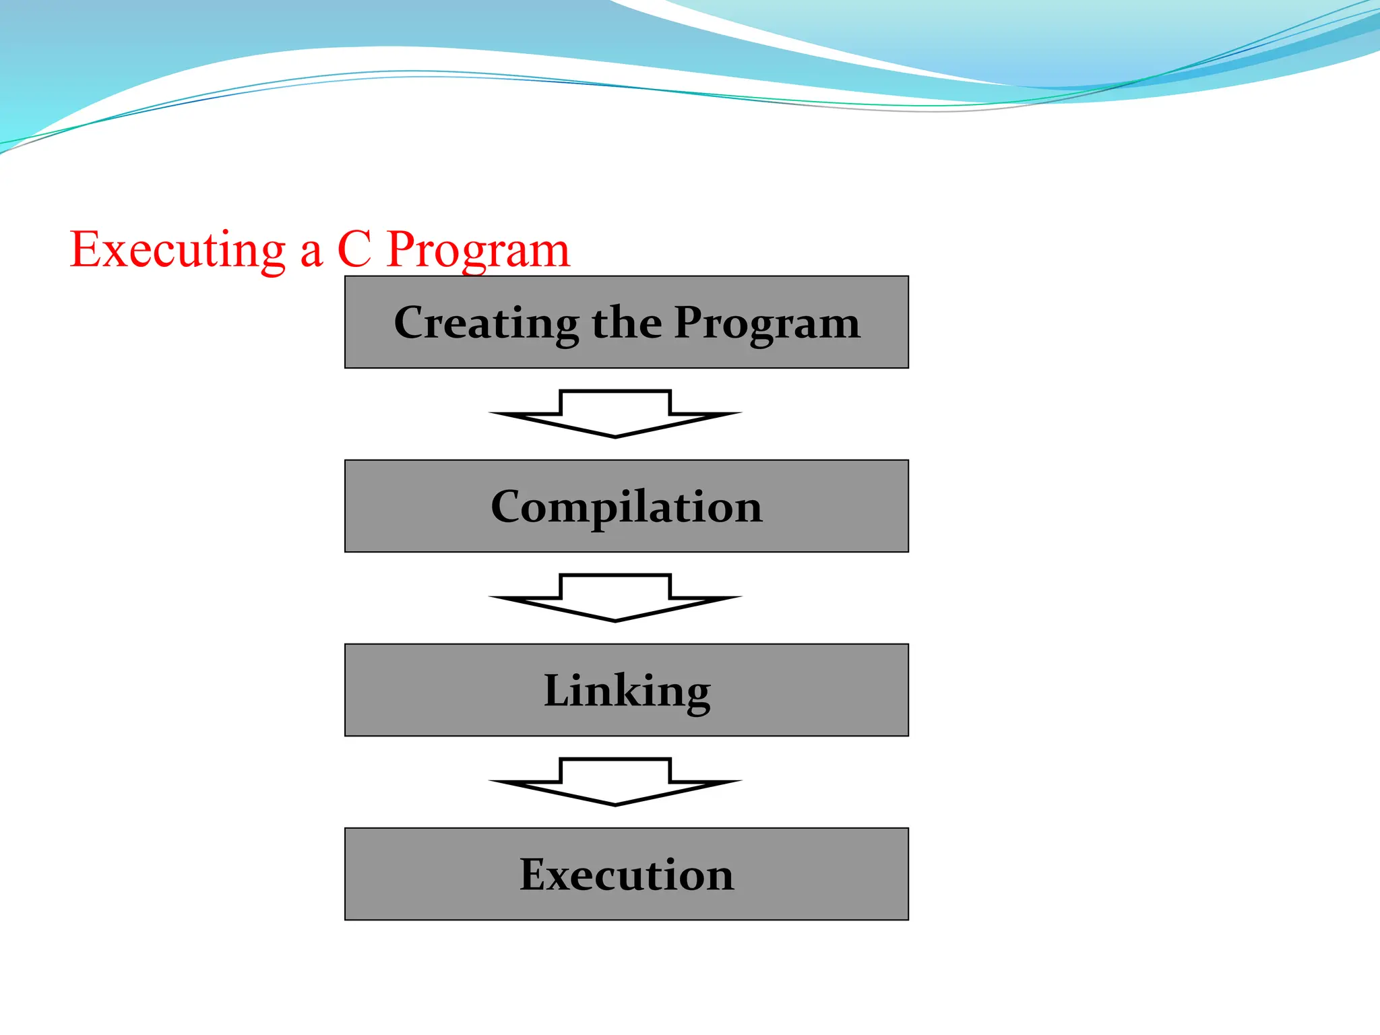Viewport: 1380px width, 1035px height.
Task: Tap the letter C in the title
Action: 354,249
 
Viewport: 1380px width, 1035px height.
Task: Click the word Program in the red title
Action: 478,251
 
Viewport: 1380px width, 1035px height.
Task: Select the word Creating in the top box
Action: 485,323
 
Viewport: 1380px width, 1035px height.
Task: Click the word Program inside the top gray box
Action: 767,323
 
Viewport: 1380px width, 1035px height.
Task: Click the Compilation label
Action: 627,507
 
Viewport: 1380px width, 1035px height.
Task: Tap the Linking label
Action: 627,691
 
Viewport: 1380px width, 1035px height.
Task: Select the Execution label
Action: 627,875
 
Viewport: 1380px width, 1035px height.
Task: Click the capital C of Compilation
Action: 508,507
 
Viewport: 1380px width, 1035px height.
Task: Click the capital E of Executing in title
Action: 88,249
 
